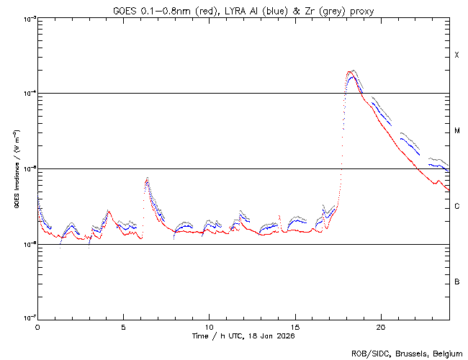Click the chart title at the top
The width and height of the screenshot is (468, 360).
(243, 9)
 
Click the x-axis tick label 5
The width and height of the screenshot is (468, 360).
(123, 326)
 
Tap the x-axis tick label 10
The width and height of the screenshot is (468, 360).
(209, 326)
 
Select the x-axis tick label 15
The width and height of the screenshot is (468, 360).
(294, 326)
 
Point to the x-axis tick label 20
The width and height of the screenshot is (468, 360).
(380, 326)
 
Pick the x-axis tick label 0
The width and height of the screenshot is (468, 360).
(37, 326)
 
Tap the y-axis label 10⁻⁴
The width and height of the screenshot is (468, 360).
(27, 94)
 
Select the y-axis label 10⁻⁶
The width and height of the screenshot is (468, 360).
(27, 244)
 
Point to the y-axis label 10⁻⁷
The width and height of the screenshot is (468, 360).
(27, 319)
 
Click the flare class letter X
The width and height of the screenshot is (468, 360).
(456, 55)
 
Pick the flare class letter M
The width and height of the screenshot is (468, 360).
(456, 131)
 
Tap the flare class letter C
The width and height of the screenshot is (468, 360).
(456, 207)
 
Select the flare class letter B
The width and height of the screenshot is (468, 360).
(456, 282)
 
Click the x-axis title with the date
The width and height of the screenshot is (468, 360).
(243, 336)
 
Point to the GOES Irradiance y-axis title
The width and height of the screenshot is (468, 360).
(16, 169)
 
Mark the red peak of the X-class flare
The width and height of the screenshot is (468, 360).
(351, 76)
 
